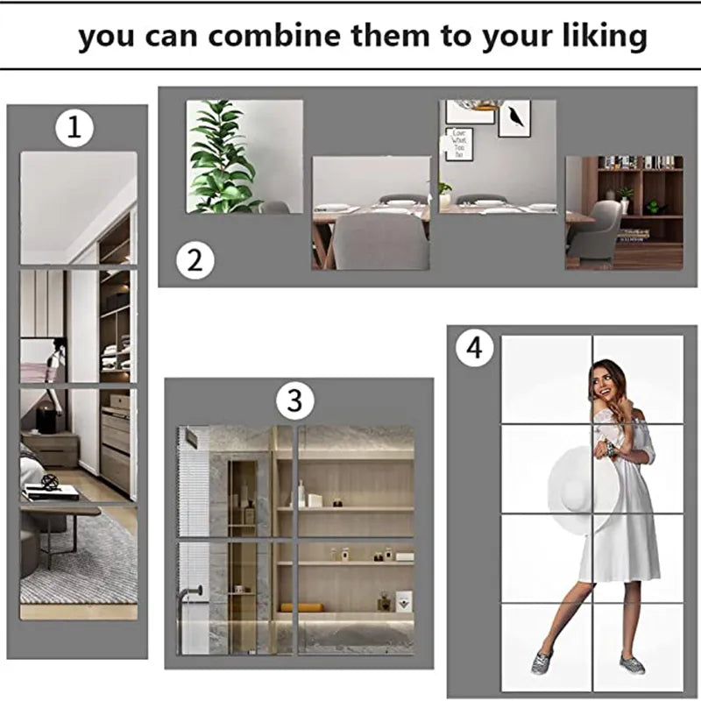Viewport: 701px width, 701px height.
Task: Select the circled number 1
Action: tap(74, 129)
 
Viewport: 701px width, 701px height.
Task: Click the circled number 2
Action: tap(195, 259)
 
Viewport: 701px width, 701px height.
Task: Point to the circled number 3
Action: tap(294, 401)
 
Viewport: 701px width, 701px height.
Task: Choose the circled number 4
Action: tap(473, 348)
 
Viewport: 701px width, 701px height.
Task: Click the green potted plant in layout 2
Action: tap(219, 158)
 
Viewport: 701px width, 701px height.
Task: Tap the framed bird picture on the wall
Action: tap(514, 118)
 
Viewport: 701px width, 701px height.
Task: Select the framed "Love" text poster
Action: tap(458, 144)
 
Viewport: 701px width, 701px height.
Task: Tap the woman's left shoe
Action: tap(541, 662)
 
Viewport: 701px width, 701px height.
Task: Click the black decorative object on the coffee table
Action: tap(51, 481)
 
